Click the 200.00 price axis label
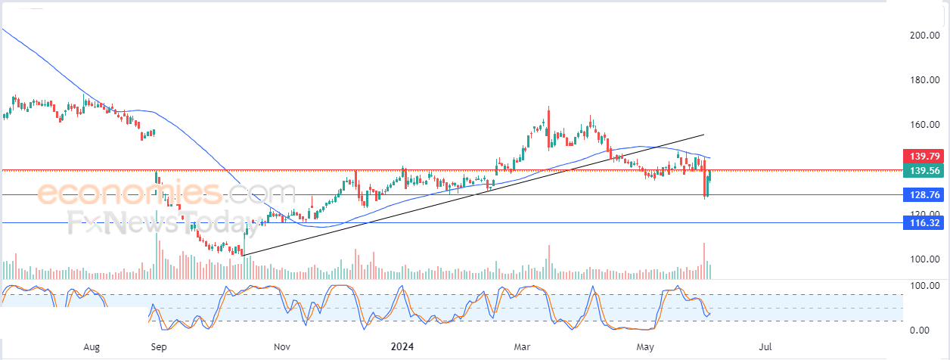click(x=924, y=36)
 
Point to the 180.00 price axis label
click(x=924, y=81)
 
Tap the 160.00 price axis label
click(x=924, y=125)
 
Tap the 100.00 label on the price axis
click(x=924, y=259)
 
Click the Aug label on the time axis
click(x=92, y=347)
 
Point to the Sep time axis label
click(x=158, y=347)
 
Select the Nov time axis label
click(x=281, y=347)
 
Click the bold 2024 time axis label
click(x=402, y=347)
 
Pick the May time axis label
click(x=644, y=347)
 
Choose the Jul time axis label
click(x=765, y=347)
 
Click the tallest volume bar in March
click(x=549, y=262)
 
